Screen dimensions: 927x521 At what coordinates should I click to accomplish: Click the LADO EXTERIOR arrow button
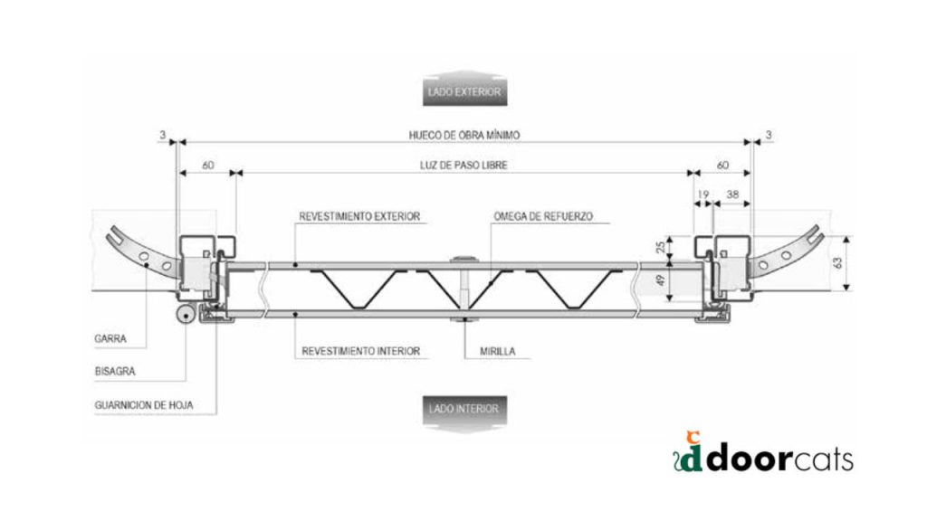(x=464, y=89)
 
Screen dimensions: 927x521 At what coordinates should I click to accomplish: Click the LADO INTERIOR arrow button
(x=464, y=412)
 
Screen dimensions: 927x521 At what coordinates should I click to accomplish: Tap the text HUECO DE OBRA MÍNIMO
(x=464, y=136)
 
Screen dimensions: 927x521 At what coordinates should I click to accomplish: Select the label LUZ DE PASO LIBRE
(x=463, y=166)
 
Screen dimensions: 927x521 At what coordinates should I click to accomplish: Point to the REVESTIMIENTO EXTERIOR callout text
(x=359, y=217)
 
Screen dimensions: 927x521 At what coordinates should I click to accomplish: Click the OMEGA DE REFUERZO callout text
(x=543, y=217)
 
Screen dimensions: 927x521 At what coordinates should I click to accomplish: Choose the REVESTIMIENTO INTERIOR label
(x=360, y=352)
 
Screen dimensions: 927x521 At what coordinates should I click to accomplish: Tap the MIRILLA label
(x=498, y=352)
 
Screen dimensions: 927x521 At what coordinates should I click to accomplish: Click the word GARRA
(x=110, y=339)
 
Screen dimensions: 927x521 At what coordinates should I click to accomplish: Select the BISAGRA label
(x=115, y=372)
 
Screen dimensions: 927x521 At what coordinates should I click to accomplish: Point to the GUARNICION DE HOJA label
(x=144, y=405)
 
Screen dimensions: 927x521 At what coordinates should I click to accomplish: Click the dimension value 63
(x=837, y=263)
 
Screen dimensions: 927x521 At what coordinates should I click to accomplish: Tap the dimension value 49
(x=660, y=280)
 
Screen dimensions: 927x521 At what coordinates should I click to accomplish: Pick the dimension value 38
(x=732, y=194)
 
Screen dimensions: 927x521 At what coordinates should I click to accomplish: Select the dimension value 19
(x=702, y=194)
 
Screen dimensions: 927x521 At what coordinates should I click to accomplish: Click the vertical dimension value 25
(x=660, y=246)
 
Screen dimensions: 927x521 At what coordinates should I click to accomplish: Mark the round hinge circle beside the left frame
(x=186, y=315)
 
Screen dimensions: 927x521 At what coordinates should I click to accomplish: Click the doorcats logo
(x=763, y=454)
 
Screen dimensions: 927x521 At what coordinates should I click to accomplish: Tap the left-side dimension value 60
(x=207, y=166)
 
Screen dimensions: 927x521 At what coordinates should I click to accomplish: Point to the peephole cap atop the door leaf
(x=464, y=260)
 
